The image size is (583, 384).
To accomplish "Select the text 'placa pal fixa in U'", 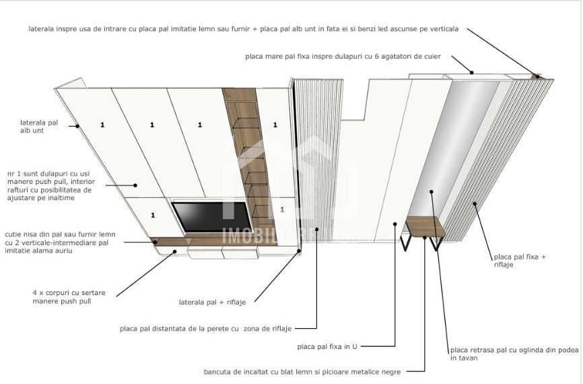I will pos(327,346).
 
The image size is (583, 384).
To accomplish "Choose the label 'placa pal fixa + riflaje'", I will pos(520,261).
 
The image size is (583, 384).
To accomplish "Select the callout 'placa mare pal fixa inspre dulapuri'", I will pos(343,57).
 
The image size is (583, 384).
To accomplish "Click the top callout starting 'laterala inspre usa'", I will pos(244,29).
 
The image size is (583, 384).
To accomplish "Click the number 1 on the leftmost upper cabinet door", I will pos(102,125).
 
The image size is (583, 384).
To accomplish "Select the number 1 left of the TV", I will pos(153,215).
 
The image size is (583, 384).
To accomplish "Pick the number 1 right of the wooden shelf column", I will pos(275,125).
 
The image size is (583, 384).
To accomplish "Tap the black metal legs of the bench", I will pos(408,243).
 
